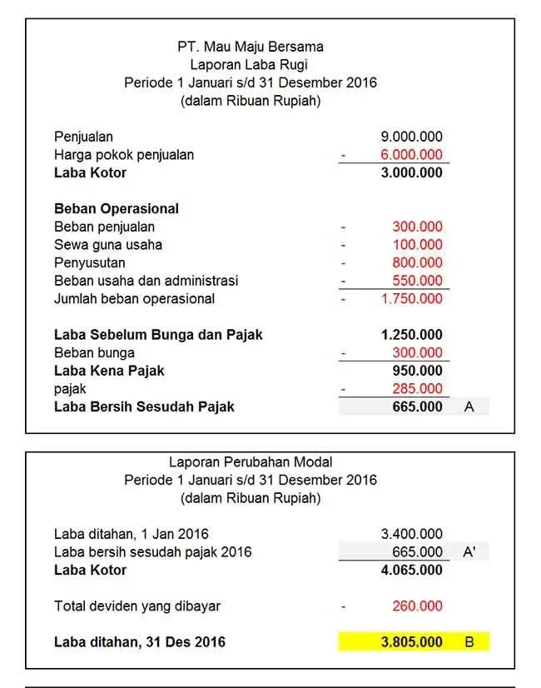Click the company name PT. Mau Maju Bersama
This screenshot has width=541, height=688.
pos(251,47)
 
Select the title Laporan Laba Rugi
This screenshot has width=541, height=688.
pos(251,64)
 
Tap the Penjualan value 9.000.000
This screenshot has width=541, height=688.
pos(411,137)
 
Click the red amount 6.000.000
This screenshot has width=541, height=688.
pos(411,155)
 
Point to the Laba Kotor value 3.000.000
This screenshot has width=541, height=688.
pos(411,173)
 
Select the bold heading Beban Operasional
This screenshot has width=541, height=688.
pos(117,208)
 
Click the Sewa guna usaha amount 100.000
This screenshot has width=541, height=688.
pos(417,245)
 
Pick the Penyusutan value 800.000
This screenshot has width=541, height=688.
pos(417,262)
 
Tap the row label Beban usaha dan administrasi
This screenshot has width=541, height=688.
pos(146,281)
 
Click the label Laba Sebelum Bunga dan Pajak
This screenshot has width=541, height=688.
pos(158,335)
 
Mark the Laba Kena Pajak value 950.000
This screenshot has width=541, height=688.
pos(417,371)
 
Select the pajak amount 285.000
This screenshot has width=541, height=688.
pos(417,389)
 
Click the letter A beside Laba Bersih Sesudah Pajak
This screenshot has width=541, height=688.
pos(469,407)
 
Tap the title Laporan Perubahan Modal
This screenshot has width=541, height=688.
pos(251,461)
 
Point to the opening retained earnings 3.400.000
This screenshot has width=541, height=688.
pos(411,534)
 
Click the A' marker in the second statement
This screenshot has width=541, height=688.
pos(469,552)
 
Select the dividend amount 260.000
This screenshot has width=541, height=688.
pos(417,606)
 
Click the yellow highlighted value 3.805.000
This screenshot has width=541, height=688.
pos(411,642)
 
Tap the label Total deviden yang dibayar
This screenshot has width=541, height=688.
pos(137,606)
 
